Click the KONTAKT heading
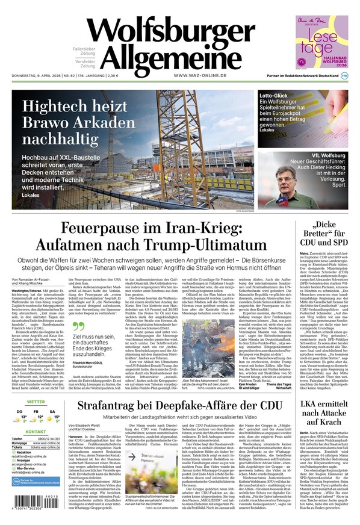point(36,432)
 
